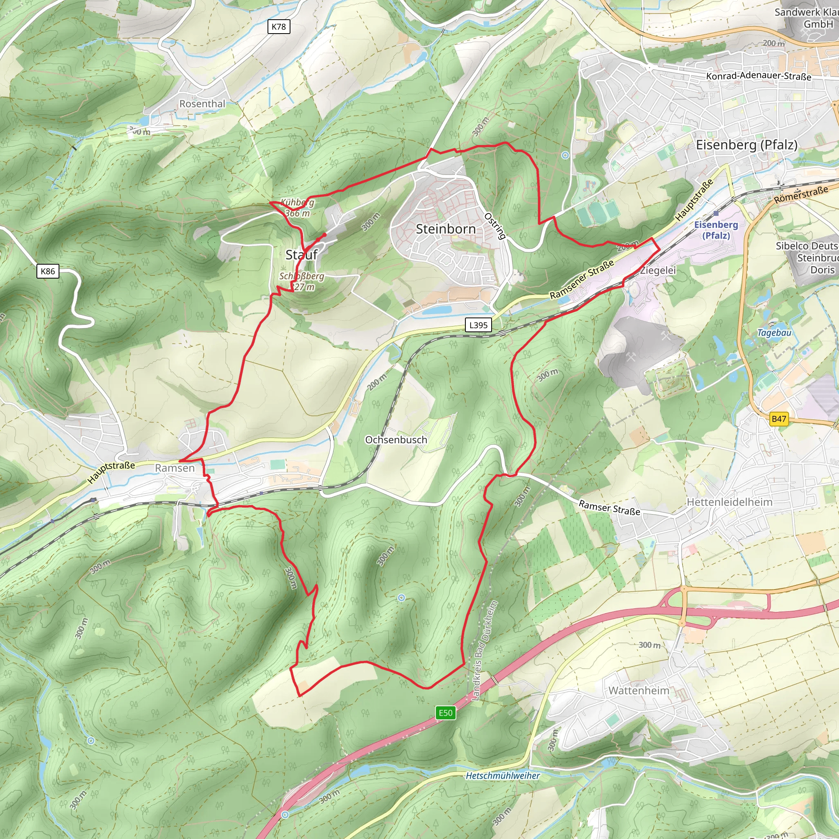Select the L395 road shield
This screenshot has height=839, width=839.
tap(478, 325)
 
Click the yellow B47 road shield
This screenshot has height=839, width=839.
tap(779, 419)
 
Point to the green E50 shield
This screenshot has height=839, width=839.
tap(446, 713)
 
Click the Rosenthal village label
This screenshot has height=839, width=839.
tap(202, 104)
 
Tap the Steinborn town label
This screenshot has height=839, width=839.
tap(446, 229)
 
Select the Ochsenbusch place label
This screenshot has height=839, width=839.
tap(396, 440)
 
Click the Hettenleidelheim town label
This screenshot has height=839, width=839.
tap(730, 502)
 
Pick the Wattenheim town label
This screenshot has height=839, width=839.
tap(639, 690)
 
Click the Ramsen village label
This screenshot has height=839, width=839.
tap(175, 468)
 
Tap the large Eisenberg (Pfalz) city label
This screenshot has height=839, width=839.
tap(746, 145)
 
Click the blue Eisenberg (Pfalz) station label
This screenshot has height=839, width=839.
tap(716, 230)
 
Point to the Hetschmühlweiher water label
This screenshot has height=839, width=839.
tap(502, 776)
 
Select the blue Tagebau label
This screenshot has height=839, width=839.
tap(774, 333)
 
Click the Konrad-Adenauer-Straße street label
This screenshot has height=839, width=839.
tap(759, 76)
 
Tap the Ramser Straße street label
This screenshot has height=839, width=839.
tap(609, 508)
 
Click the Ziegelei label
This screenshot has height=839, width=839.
tap(658, 270)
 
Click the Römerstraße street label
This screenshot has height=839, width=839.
tap(801, 195)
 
